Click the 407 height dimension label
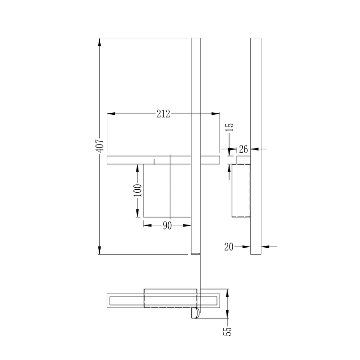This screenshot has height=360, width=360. (x=100, y=146)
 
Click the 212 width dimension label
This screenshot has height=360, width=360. (x=163, y=114)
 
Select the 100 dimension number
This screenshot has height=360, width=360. (x=137, y=190)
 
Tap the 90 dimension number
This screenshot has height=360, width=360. (x=167, y=225)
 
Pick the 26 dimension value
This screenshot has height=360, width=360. (x=243, y=149)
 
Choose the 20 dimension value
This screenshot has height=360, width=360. (x=229, y=247)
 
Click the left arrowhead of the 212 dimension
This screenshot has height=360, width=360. (x=111, y=114)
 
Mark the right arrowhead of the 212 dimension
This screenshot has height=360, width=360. (x=217, y=114)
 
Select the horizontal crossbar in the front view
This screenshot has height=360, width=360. (x=126, y=160)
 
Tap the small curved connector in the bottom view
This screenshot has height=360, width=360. (x=195, y=313)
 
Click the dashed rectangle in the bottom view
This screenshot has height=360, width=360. (x=170, y=298)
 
